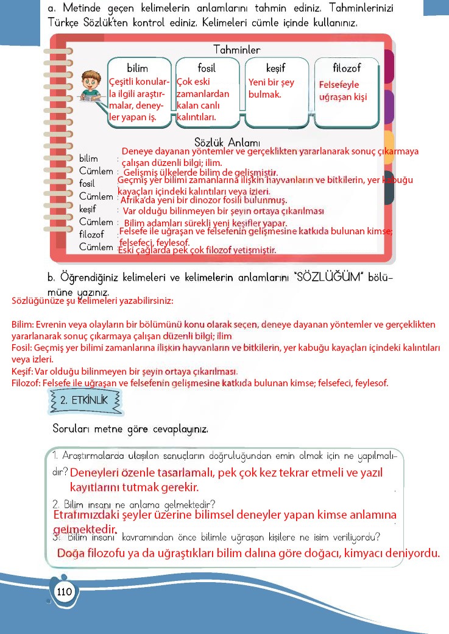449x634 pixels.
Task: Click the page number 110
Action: tap(64, 591)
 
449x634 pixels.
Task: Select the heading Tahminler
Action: tap(236, 49)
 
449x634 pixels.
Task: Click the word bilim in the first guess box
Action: tap(137, 68)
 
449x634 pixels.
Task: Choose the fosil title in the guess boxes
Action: tap(207, 68)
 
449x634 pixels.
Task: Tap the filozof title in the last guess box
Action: tap(346, 68)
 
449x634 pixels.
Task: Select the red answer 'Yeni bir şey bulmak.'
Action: tap(271, 88)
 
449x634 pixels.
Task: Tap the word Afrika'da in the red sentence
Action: tap(139, 200)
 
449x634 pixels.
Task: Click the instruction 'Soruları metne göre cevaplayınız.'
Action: tap(130, 429)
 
